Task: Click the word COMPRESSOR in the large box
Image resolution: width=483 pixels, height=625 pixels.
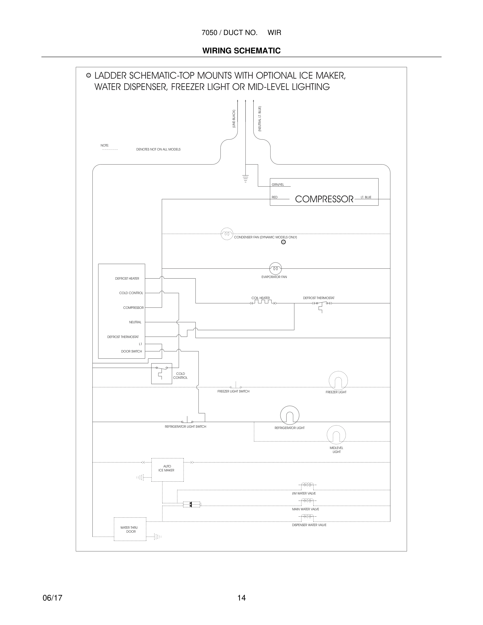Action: coord(324,199)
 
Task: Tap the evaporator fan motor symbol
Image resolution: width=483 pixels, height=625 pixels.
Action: coord(275,268)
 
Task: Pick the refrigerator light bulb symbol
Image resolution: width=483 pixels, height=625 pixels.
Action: coord(290,415)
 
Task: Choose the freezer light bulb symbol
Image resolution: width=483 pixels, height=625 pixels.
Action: coord(338,381)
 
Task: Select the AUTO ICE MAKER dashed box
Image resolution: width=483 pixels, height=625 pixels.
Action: coord(167,470)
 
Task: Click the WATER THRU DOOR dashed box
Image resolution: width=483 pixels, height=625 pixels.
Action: coord(130,529)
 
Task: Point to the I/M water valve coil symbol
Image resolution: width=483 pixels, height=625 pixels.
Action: coord(306,485)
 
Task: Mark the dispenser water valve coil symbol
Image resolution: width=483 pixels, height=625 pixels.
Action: coord(306,517)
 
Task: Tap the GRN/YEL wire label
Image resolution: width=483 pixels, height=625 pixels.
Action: coord(278,185)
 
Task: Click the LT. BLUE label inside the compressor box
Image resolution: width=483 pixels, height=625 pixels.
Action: coord(366,197)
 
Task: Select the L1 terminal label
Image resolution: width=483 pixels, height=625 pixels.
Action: coord(140,344)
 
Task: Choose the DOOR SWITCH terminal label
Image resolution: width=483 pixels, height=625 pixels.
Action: coord(131,351)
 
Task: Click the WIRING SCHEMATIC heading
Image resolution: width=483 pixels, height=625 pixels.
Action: coord(241,51)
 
